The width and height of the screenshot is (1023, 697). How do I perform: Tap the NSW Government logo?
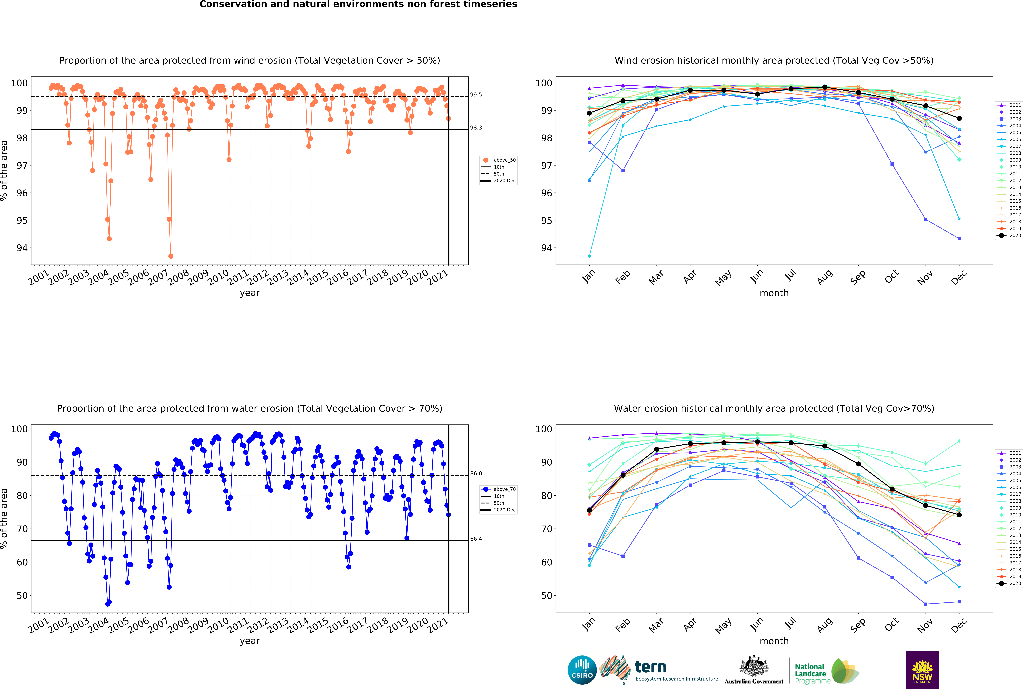click(x=922, y=670)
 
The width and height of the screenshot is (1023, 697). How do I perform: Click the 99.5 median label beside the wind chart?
click(x=476, y=95)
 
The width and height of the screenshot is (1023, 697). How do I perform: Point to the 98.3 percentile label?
click(x=476, y=128)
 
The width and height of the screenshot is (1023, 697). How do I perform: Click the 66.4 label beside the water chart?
click(x=476, y=539)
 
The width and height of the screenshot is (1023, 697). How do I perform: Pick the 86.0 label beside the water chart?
click(x=476, y=473)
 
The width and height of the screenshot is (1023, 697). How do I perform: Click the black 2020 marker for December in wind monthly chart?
click(x=959, y=118)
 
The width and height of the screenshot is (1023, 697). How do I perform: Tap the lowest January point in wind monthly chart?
click(x=589, y=256)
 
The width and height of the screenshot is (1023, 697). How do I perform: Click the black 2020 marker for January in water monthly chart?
click(x=589, y=510)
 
